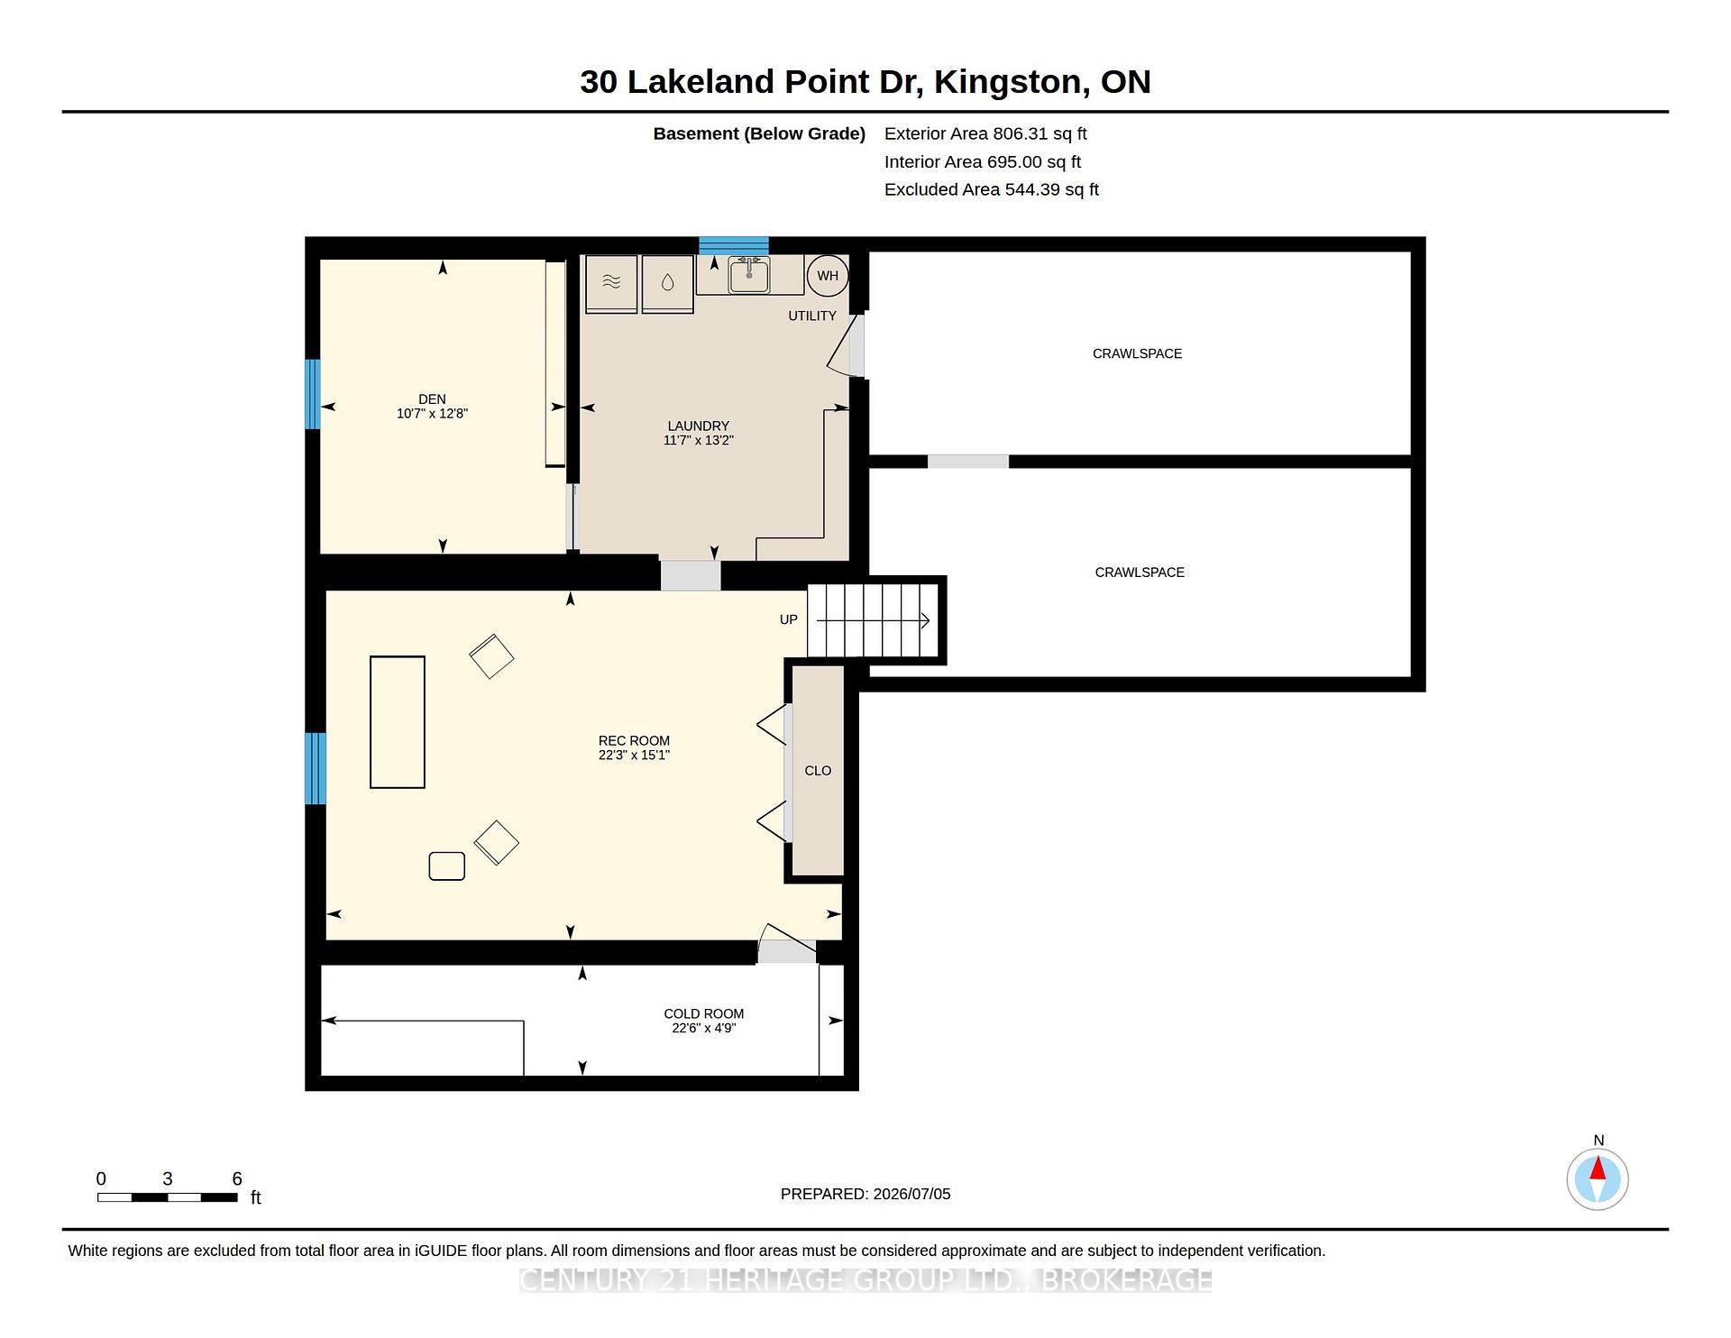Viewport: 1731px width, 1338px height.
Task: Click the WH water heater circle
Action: point(828,276)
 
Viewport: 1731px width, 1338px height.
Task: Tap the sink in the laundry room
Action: point(749,275)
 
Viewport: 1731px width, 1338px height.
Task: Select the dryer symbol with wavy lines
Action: point(611,283)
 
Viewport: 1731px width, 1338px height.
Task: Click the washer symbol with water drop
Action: point(667,283)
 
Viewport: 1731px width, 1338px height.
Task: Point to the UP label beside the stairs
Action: point(789,619)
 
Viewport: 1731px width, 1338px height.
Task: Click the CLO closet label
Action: point(818,771)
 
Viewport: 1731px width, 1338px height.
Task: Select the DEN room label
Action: point(432,399)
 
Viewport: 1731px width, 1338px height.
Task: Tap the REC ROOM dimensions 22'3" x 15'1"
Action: point(634,756)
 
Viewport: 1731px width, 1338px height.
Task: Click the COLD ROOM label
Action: point(704,1013)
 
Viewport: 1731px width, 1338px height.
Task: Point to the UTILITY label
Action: point(812,316)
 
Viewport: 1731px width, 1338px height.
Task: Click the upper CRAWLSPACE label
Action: point(1137,353)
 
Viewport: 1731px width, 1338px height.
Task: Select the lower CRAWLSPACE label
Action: point(1140,573)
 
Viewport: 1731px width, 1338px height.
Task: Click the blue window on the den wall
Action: point(313,394)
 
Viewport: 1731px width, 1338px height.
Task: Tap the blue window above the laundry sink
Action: point(734,245)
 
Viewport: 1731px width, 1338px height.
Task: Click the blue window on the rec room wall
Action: point(316,768)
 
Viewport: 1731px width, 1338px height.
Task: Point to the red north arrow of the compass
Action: point(1598,1168)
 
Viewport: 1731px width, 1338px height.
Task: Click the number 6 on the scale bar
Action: point(237,1178)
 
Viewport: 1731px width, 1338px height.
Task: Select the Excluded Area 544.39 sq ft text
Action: point(992,189)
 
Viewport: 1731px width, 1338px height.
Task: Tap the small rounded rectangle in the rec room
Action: point(447,866)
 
